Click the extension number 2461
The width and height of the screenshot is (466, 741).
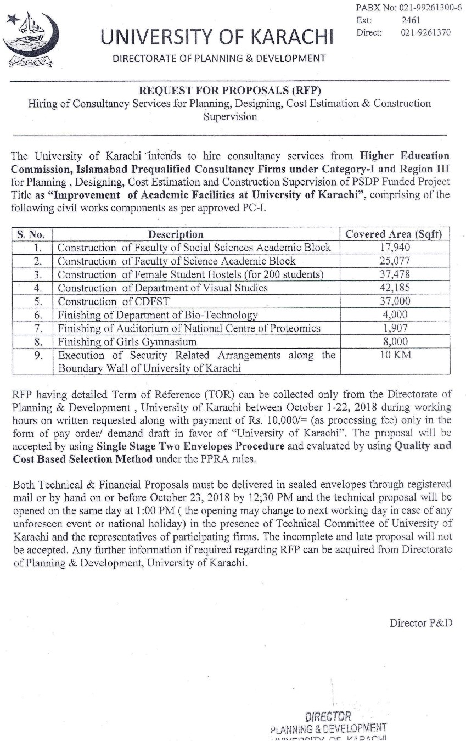click(411, 20)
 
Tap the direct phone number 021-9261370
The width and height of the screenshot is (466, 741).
click(425, 32)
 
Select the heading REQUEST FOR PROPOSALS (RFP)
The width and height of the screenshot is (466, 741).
click(230, 91)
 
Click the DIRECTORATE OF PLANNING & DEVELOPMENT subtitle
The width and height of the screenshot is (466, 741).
click(219, 59)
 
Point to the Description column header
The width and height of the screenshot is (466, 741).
click(176, 234)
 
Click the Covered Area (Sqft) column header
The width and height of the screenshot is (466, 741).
click(394, 234)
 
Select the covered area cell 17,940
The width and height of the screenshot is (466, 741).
click(395, 248)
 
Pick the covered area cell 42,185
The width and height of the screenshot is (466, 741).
click(395, 288)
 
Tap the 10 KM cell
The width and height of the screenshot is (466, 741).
click(395, 355)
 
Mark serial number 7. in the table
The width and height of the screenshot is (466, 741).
click(38, 328)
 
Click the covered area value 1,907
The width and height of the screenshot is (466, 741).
click(395, 328)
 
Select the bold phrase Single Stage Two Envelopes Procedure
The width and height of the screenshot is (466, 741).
click(190, 446)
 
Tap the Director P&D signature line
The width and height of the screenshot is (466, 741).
click(421, 623)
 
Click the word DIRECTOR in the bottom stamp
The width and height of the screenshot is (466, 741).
click(328, 717)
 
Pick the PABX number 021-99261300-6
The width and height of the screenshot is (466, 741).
click(431, 8)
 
